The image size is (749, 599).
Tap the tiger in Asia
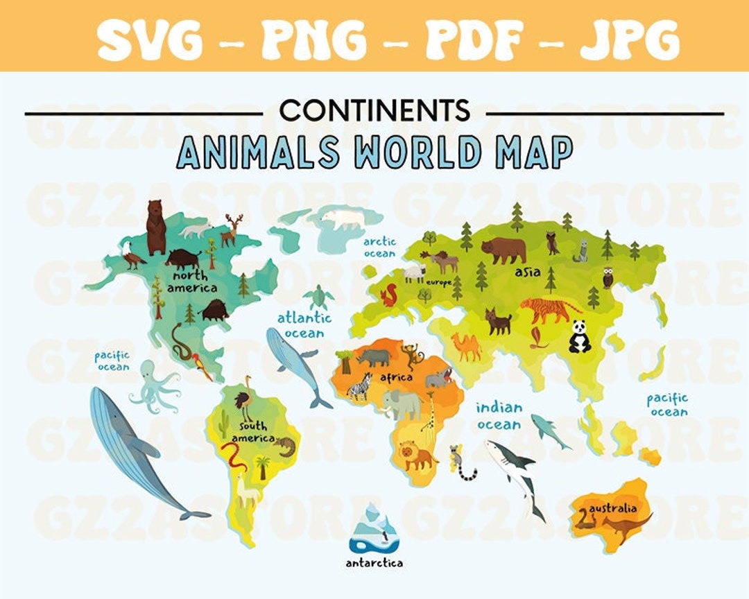click(x=548, y=309)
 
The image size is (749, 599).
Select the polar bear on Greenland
click(x=341, y=220)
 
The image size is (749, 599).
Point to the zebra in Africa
click(x=361, y=385)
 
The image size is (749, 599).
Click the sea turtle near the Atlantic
click(x=318, y=297)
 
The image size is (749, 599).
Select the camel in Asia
click(x=467, y=346)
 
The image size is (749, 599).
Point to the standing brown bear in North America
click(x=155, y=227)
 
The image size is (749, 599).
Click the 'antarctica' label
click(x=374, y=563)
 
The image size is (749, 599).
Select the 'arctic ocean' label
click(x=380, y=248)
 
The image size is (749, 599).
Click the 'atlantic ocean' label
click(x=305, y=325)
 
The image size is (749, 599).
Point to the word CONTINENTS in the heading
click(x=375, y=110)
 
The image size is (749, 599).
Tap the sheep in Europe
click(x=415, y=272)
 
